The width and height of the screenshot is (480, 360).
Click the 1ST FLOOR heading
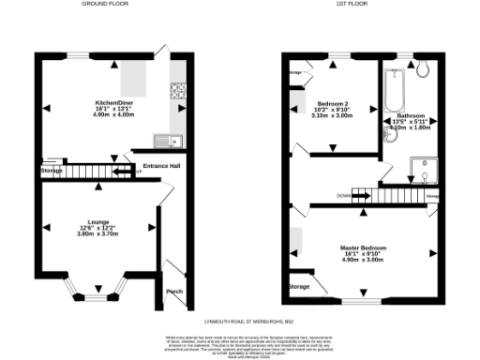click(360, 4)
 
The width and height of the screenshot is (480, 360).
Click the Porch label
click(173, 291)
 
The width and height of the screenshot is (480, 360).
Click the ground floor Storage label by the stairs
click(52, 172)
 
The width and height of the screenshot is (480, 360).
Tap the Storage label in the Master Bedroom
click(299, 286)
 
